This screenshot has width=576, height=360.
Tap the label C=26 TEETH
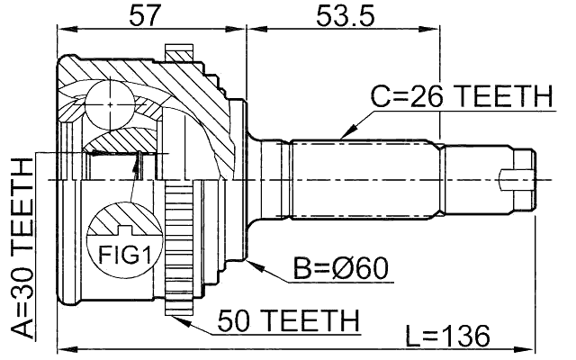pos(461,96)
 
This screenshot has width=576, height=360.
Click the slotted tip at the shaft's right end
pos(520,177)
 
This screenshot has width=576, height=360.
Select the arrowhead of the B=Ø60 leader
pos(255,264)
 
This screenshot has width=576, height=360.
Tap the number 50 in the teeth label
pos(237,319)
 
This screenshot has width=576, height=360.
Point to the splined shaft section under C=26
pos(369,177)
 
